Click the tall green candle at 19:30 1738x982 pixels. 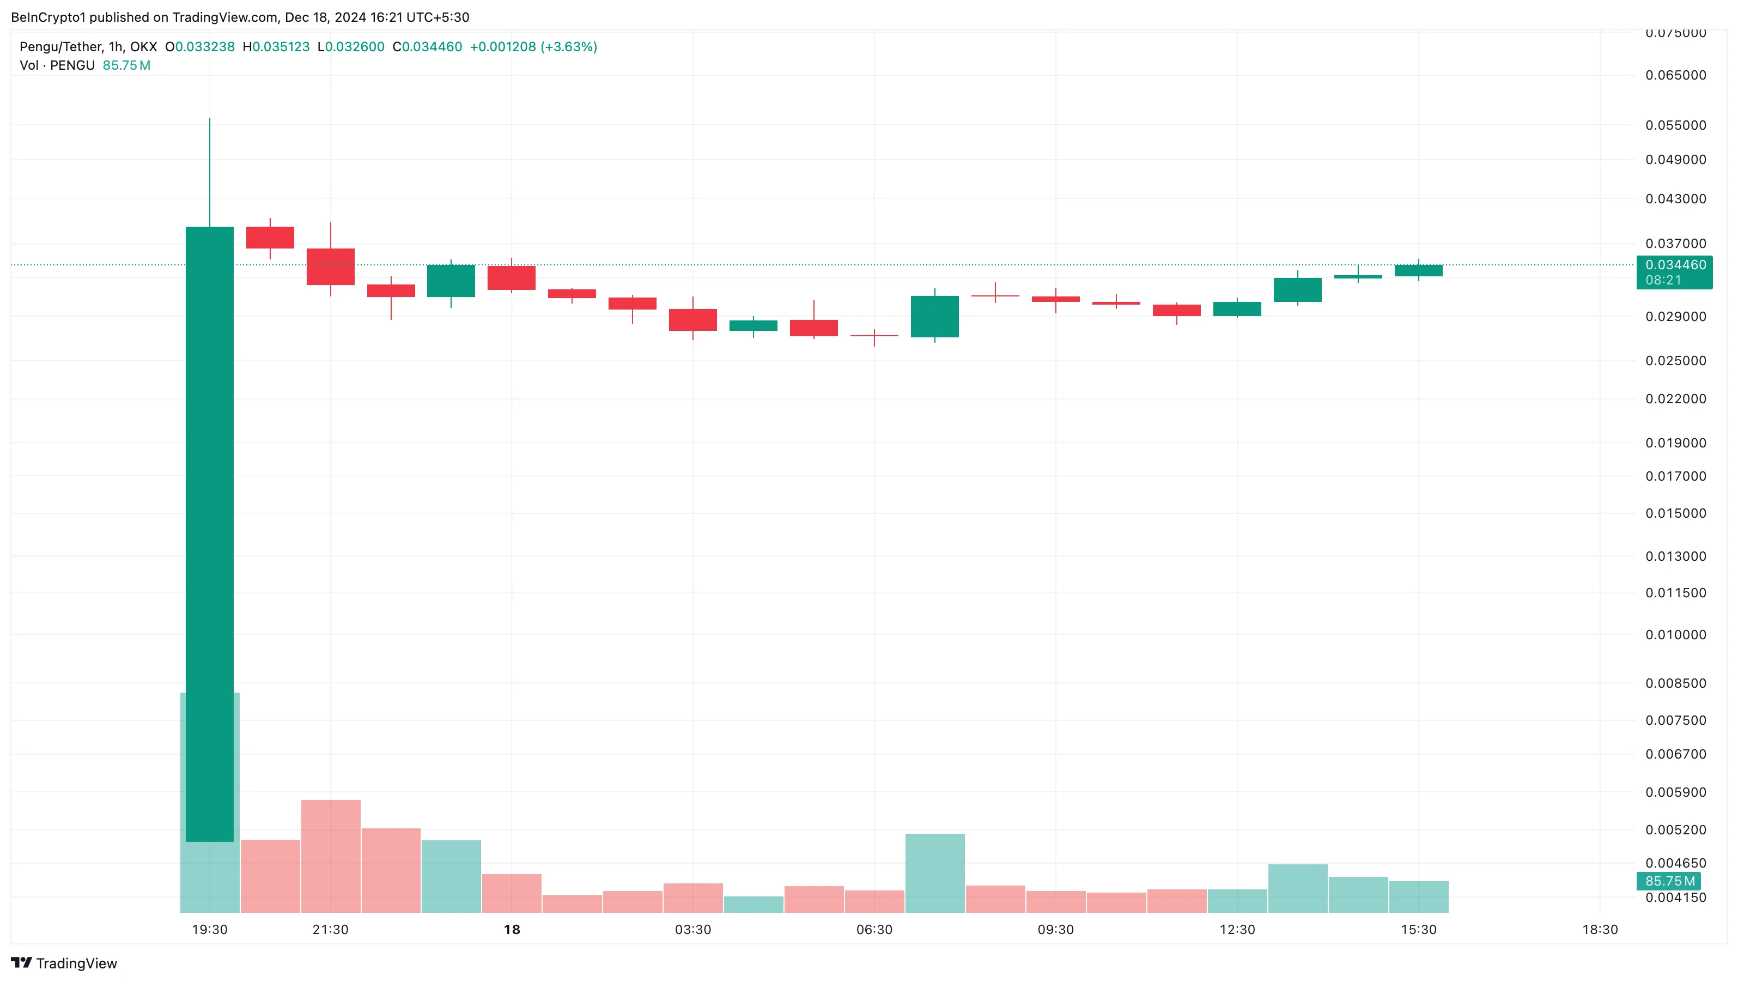(x=209, y=533)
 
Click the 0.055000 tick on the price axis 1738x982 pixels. (x=1675, y=125)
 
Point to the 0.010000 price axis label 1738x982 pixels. (x=1675, y=635)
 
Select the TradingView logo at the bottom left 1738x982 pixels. (x=64, y=963)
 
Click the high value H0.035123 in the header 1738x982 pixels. (x=276, y=46)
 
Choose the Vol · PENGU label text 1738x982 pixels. (x=57, y=65)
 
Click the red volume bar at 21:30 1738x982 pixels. (x=331, y=856)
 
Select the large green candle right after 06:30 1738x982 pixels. (x=934, y=317)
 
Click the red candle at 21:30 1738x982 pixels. (x=331, y=266)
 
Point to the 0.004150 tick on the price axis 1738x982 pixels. (x=1675, y=898)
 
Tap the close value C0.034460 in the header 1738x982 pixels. (x=427, y=46)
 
